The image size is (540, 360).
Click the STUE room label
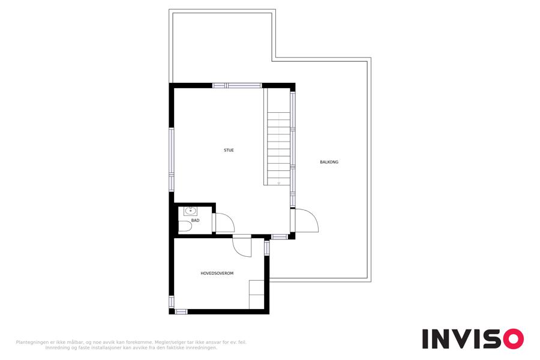tap(229, 150)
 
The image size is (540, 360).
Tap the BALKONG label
tap(329, 162)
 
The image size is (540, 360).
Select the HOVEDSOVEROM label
tap(217, 273)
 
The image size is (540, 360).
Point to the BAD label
tap(195, 220)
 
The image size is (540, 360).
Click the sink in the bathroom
tap(190, 211)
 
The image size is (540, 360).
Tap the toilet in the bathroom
tap(185, 226)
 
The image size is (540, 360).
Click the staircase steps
tap(278, 148)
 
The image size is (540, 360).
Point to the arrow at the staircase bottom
tap(278, 183)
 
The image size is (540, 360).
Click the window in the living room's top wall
tap(237, 85)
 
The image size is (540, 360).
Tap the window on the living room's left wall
tap(172, 159)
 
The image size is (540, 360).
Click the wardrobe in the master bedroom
tap(257, 295)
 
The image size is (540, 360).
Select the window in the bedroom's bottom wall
tap(181, 312)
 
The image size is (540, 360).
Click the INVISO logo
tap(473, 339)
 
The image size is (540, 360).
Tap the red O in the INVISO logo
tap(514, 339)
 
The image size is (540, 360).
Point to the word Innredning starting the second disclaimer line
tap(56, 348)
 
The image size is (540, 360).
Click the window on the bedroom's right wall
tap(266, 248)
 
